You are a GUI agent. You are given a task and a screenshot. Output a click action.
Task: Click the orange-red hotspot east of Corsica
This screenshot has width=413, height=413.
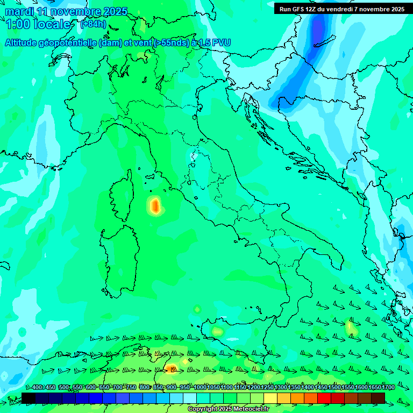155,205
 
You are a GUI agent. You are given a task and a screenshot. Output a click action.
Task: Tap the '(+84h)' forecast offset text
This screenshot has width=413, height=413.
93,24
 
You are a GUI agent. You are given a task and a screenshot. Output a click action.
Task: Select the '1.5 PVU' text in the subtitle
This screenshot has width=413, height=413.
215,42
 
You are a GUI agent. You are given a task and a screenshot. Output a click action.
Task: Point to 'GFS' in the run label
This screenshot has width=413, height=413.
297,9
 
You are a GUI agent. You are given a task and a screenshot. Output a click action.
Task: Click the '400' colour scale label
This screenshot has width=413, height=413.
37,387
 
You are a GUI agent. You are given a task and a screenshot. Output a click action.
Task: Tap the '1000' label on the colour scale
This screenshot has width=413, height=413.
200,387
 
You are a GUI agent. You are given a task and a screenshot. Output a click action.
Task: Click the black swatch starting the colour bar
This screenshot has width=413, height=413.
29,397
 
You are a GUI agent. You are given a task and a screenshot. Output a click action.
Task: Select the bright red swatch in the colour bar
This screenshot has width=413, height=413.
324,397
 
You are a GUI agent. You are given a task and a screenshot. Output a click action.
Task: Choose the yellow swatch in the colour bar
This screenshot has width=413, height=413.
270,397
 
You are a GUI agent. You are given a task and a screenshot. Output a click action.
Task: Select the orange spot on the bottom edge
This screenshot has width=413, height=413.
172,368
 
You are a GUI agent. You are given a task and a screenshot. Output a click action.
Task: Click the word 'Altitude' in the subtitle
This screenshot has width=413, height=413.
24,42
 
